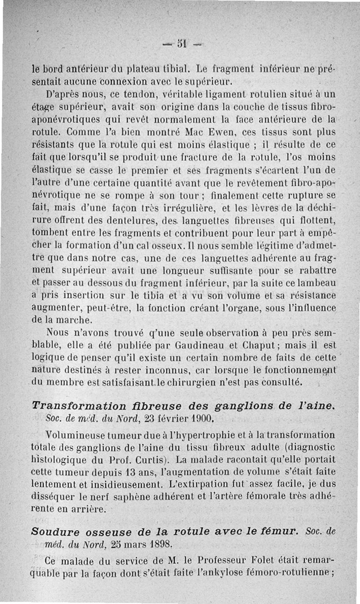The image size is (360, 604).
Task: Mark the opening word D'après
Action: pyautogui.click(x=63, y=95)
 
